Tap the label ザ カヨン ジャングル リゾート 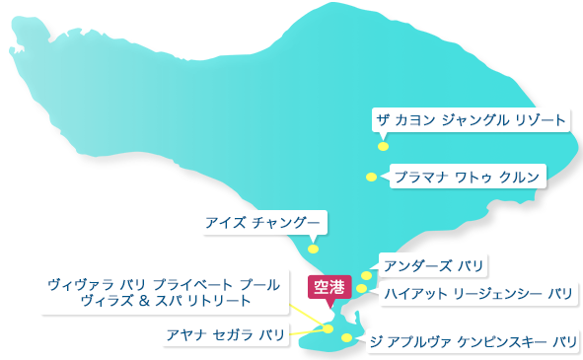(x=472, y=120)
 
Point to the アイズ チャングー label (x=261, y=222)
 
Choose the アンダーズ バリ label (x=434, y=265)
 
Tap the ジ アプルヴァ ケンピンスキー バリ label (x=472, y=342)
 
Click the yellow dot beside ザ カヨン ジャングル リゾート (x=383, y=146)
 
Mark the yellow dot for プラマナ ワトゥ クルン (x=371, y=178)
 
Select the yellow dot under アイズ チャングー (x=313, y=249)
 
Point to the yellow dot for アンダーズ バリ (x=367, y=276)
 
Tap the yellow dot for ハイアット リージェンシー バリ (x=362, y=289)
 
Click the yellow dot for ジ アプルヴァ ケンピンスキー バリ (x=346, y=338)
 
